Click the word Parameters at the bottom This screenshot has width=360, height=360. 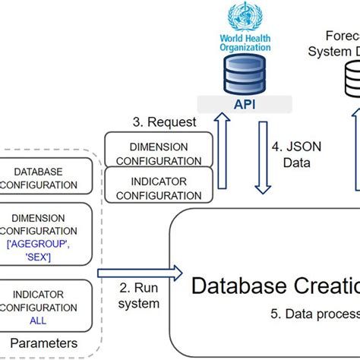[x=43, y=343]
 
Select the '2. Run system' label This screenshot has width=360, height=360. [x=138, y=296]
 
